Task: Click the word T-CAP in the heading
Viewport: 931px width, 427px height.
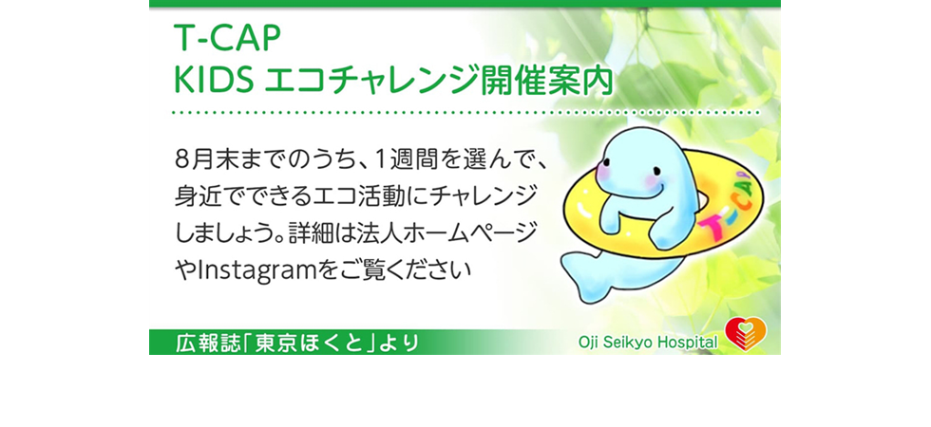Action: (x=226, y=40)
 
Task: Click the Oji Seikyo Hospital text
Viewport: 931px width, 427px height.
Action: (x=648, y=343)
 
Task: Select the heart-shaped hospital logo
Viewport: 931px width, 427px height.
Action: (x=747, y=333)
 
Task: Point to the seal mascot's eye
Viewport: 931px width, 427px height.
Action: (x=607, y=163)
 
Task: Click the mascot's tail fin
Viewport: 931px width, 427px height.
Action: (x=585, y=274)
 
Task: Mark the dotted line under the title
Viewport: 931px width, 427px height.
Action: (x=466, y=112)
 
